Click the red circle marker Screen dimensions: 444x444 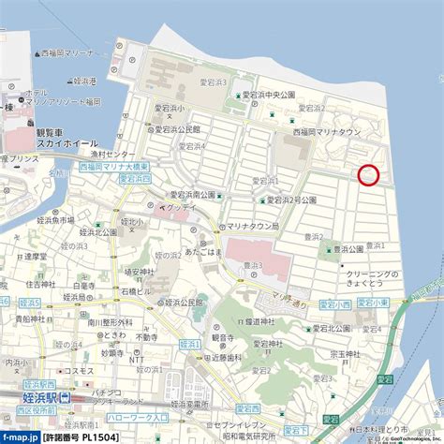point(369,174)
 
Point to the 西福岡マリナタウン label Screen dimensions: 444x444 point(327,134)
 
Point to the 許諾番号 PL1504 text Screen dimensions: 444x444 point(80,437)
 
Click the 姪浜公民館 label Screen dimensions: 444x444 point(185,303)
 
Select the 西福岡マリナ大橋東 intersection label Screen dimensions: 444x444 point(104,166)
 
